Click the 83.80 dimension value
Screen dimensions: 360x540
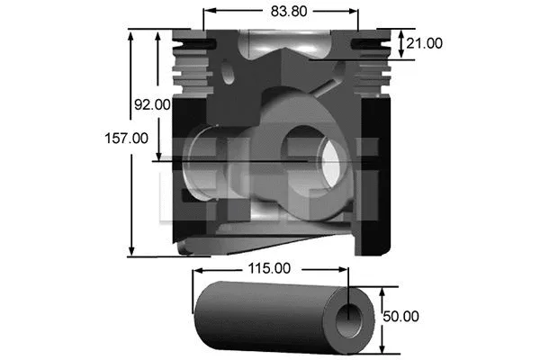coord(279,12)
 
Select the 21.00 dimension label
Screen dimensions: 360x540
coord(424,42)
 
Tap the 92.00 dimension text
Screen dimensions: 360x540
coord(152,104)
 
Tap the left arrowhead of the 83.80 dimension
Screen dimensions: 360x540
coord(208,13)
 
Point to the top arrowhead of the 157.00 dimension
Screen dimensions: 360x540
coord(132,34)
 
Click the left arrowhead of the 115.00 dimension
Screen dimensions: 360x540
coord(197,268)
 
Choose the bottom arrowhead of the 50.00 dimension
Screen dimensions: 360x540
coord(385,349)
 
